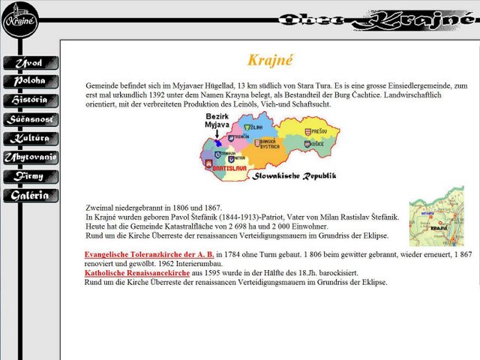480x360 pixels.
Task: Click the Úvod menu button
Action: pyautogui.click(x=28, y=62)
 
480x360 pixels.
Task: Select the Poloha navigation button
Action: pyautogui.click(x=28, y=81)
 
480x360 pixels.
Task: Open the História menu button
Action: pyautogui.click(x=28, y=100)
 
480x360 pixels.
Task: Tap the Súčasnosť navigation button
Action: pyautogui.click(x=28, y=119)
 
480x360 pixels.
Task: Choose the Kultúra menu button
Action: pyautogui.click(x=28, y=139)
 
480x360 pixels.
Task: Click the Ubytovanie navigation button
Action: pyautogui.click(x=28, y=157)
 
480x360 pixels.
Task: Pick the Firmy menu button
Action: pyautogui.click(x=28, y=177)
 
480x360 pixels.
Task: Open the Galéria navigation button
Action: pyautogui.click(x=28, y=196)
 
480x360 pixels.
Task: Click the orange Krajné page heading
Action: pyautogui.click(x=270, y=60)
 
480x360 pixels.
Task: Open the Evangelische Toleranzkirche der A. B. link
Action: pyautogui.click(x=149, y=254)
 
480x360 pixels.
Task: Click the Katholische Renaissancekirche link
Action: pyautogui.click(x=137, y=274)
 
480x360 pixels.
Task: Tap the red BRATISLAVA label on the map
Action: pyautogui.click(x=229, y=169)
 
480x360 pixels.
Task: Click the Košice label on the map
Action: pyautogui.click(x=315, y=143)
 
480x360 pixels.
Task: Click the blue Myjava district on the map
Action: pyautogui.click(x=217, y=142)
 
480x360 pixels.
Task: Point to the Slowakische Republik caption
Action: pyautogui.click(x=294, y=176)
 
